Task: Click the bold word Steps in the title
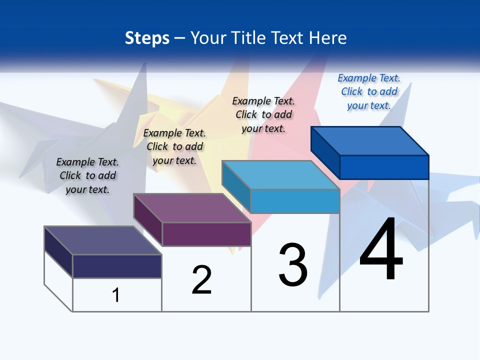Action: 147,38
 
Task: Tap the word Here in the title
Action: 327,38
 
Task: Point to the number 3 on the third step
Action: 293,264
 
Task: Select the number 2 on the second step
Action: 202,279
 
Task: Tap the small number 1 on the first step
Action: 116,295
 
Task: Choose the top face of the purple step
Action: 192,208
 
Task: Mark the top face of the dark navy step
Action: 103,240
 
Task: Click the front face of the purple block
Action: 206,234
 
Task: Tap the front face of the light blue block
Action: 295,201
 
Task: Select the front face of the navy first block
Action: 117,266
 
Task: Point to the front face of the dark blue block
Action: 384,167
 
